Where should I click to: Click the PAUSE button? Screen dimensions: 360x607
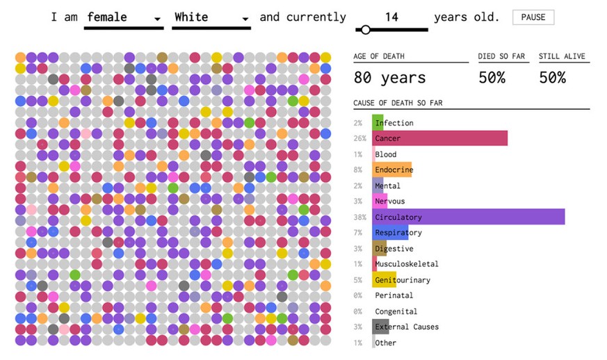[x=533, y=17]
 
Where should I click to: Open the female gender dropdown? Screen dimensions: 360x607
[x=123, y=17]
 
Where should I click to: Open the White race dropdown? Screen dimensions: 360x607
[x=211, y=17]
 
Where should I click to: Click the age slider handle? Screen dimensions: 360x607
[x=365, y=30]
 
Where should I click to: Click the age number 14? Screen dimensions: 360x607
[x=391, y=17]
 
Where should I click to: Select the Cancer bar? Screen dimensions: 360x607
[x=439, y=138]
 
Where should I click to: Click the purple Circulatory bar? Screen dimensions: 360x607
[x=468, y=217]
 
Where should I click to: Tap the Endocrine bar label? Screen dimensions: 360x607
[x=394, y=170]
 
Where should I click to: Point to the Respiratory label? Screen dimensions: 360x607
[x=398, y=233]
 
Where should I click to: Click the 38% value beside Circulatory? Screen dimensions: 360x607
[x=359, y=217]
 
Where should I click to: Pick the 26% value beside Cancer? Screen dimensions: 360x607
[x=359, y=138]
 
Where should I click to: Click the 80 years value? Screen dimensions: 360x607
[x=389, y=77]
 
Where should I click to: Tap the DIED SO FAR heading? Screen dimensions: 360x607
[x=501, y=56]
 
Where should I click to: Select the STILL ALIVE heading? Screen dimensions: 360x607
[x=562, y=56]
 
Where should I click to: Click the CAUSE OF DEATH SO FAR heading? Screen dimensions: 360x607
[x=398, y=104]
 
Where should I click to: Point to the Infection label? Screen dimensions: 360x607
[x=394, y=123]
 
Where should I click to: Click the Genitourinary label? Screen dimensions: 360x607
[x=402, y=280]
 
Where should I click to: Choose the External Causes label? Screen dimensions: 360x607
[x=407, y=327]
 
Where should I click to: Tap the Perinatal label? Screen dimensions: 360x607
[x=394, y=295]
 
